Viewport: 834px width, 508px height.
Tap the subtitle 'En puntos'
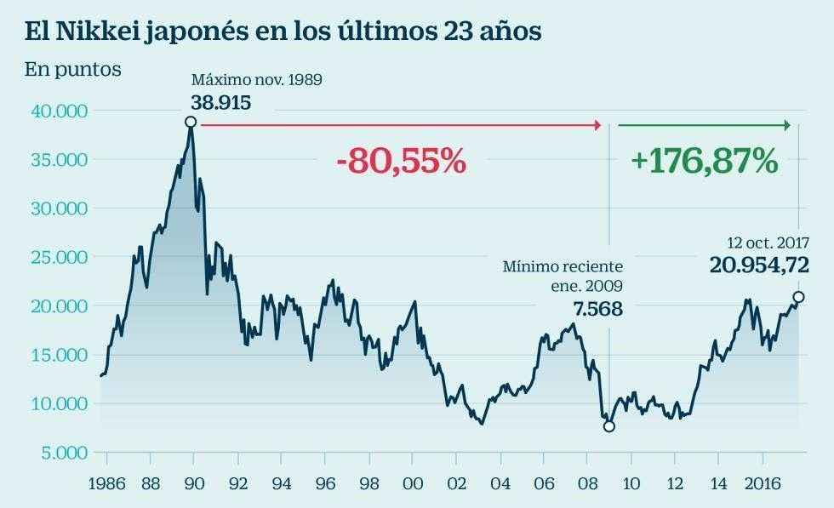tap(72, 70)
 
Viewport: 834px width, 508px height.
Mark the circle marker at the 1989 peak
tap(191, 122)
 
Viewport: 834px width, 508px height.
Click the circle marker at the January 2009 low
tap(608, 425)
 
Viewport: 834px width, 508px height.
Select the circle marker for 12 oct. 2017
tap(798, 297)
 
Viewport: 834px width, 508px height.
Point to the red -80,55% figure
tap(401, 161)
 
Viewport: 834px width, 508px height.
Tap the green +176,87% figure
tap(705, 160)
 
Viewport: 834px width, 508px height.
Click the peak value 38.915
tap(220, 102)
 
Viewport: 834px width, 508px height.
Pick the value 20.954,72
tap(758, 266)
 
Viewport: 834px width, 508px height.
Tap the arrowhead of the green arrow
tap(787, 125)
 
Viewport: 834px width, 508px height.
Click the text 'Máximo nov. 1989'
tap(256, 80)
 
